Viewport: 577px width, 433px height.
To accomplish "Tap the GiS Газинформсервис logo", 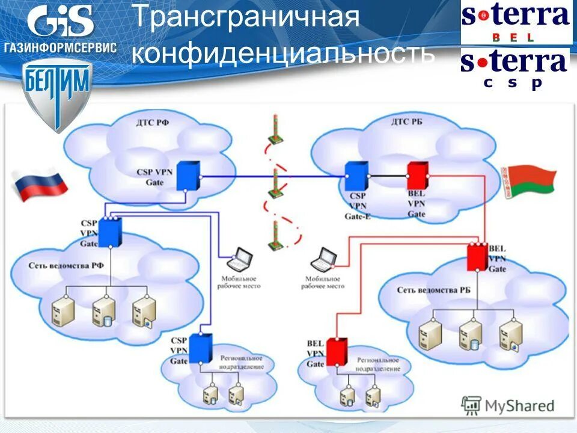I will (60, 30).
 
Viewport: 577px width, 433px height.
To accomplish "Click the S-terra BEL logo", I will (516, 22).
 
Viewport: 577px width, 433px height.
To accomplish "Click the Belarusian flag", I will (528, 181).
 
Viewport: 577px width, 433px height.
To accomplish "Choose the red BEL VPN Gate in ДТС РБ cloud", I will (416, 176).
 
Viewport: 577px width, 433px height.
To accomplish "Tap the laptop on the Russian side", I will (242, 259).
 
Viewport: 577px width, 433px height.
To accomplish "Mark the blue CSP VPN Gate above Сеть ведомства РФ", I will (110, 232).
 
